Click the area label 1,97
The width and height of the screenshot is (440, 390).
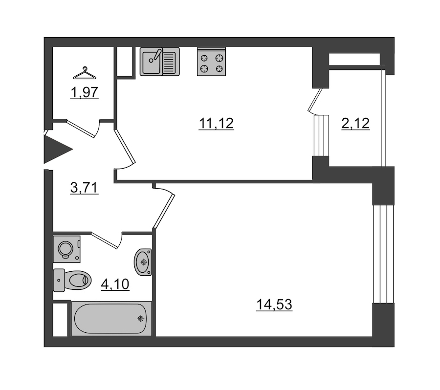85,92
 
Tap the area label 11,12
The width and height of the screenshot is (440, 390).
216,124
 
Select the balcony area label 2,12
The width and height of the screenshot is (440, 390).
355,124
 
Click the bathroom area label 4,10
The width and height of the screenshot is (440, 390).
115,284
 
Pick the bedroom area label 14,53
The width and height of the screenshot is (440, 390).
274,304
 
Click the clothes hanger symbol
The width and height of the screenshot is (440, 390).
85,73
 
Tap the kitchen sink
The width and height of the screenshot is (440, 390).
160,62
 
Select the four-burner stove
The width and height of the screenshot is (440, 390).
211,62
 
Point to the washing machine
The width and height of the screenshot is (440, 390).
67,249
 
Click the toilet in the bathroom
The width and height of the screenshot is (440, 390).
72,281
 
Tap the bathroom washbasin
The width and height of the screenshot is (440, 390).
143,262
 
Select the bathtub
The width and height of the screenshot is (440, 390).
111,319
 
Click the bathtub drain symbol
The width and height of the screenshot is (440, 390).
141,319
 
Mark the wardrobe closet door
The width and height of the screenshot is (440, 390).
81,129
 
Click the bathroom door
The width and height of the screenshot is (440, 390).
106,240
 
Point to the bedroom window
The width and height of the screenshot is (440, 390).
383,254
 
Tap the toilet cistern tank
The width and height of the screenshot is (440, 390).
59,281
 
